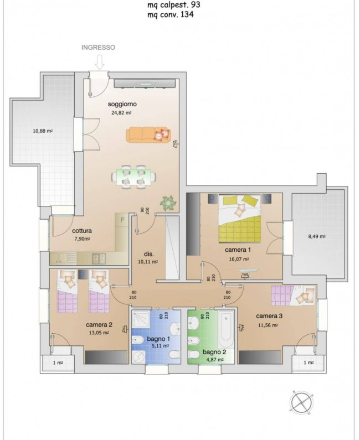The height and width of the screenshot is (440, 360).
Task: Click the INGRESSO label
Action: point(98,48)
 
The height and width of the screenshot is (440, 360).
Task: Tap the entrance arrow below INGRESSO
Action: point(100,63)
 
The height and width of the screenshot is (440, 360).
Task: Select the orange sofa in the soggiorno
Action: point(148,134)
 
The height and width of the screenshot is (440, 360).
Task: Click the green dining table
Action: point(133,177)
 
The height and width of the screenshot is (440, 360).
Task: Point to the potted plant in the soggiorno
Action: point(168,202)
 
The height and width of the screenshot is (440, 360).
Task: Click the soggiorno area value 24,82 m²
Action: point(122,113)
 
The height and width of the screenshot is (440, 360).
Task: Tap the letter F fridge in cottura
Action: point(122,220)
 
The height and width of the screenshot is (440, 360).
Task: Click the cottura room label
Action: point(82,231)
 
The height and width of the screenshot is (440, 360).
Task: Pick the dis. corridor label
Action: point(149,254)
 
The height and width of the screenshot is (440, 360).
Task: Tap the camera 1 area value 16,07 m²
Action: point(239,259)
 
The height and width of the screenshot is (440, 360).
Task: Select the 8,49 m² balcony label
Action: point(317,236)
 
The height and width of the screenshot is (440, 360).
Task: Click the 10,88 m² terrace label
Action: point(43,131)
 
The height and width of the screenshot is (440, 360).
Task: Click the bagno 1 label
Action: point(158,339)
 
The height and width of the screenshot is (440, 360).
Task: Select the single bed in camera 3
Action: point(294,295)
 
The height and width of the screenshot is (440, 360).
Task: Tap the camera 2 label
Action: point(99,325)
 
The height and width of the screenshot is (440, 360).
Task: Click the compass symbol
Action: point(302,403)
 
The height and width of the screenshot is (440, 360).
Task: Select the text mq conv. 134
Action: point(171,14)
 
